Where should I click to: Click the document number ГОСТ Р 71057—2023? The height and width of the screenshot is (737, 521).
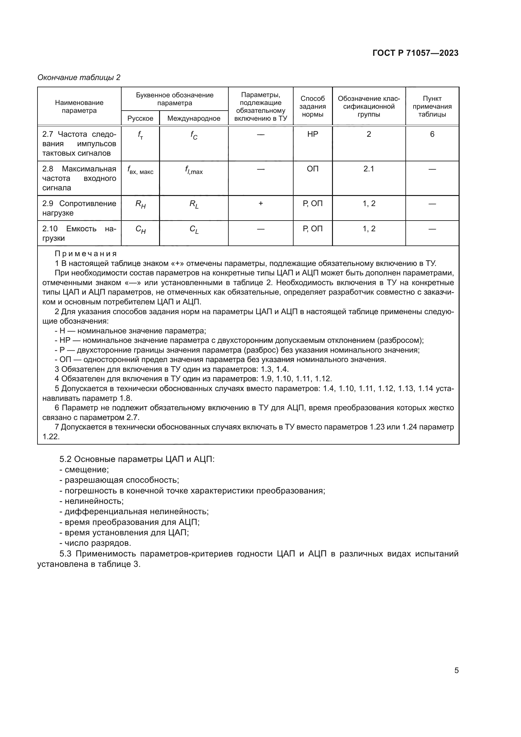tap(415, 53)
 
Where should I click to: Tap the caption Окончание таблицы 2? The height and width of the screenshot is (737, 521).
tap(79, 78)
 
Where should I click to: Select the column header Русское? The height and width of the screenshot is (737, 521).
tap(140, 118)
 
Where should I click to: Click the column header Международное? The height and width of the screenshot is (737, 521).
tap(194, 118)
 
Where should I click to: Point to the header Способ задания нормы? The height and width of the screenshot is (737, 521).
tap(312, 106)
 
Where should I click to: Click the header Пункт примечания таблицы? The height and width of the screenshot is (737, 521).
tap(432, 106)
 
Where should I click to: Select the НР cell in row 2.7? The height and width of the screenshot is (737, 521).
tap(312, 134)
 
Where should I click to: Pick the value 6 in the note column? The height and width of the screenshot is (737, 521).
tap(432, 134)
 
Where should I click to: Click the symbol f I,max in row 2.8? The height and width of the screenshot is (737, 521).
tap(194, 170)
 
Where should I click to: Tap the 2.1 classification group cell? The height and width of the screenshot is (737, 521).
tap(369, 169)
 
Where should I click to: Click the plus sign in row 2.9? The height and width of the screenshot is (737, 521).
tap(260, 204)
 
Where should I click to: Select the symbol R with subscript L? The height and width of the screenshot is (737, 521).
tap(194, 204)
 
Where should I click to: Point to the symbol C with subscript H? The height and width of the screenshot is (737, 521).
tap(140, 229)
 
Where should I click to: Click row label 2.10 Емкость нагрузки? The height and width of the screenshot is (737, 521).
tap(79, 233)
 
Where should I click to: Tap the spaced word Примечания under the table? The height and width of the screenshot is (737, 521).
tap(86, 254)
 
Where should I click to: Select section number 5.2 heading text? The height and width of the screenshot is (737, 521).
tap(137, 459)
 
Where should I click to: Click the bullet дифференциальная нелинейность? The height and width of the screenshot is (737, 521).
tap(134, 511)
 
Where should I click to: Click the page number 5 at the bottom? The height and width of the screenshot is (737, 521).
tap(456, 670)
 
